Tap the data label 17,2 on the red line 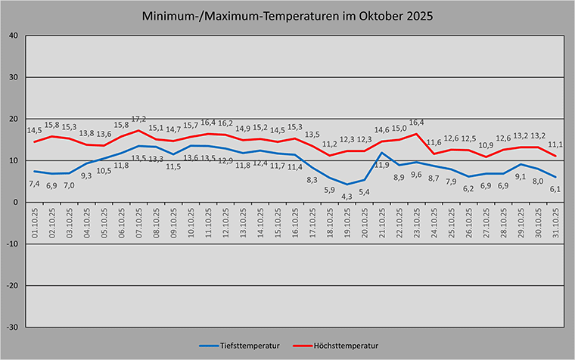pyautogui.click(x=138, y=119)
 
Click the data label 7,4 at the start pyautogui.click(x=35, y=184)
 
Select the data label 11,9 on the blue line pyautogui.click(x=381, y=165)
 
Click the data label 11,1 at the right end pyautogui.click(x=555, y=144)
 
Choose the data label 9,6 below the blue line pyautogui.click(x=416, y=175)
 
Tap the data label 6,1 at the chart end pyautogui.click(x=555, y=189)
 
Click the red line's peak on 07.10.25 pyautogui.click(x=138, y=130)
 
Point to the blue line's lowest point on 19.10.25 pyautogui.click(x=347, y=184)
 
